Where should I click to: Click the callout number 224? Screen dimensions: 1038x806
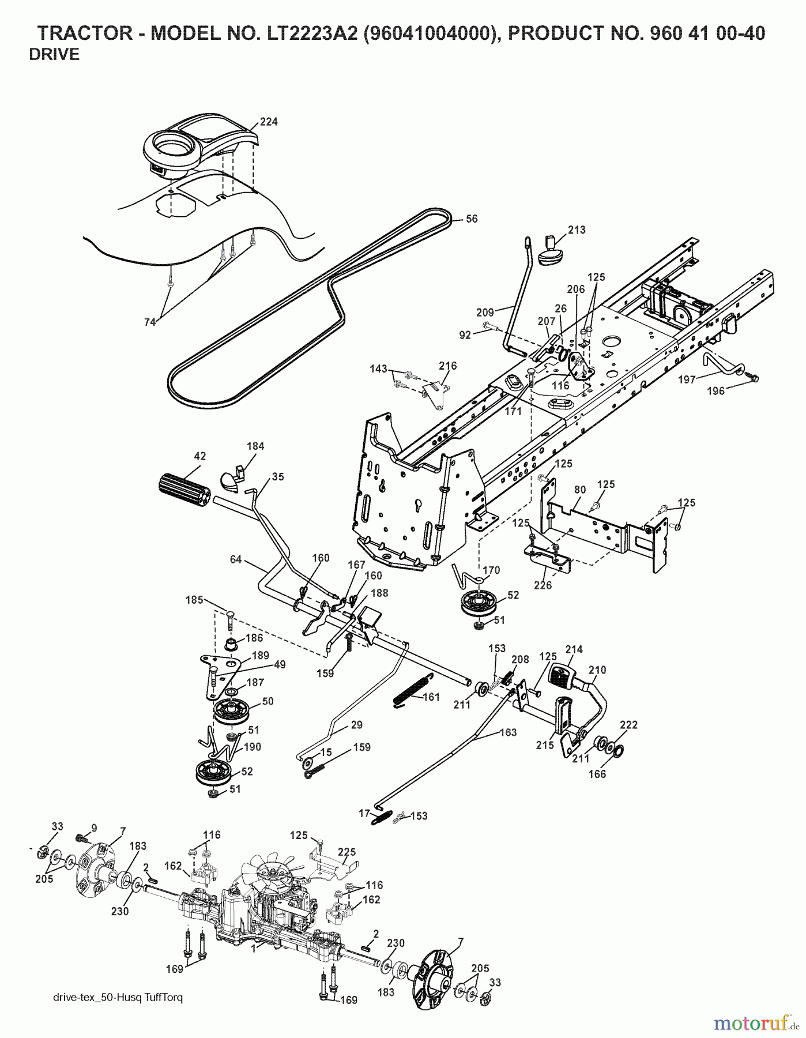pos(268,122)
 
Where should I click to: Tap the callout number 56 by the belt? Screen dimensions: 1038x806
pos(472,219)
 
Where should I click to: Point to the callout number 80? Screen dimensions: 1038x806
pos(580,490)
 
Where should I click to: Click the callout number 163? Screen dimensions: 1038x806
pos(508,733)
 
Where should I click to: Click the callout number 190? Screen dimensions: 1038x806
pos(252,747)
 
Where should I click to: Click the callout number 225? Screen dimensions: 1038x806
pos(346,852)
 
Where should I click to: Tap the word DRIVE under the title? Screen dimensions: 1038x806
pos(54,55)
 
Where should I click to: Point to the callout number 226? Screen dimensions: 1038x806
pos(543,585)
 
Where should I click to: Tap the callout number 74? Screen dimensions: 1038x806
pos(149,323)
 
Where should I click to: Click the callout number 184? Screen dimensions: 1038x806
pos(255,446)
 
